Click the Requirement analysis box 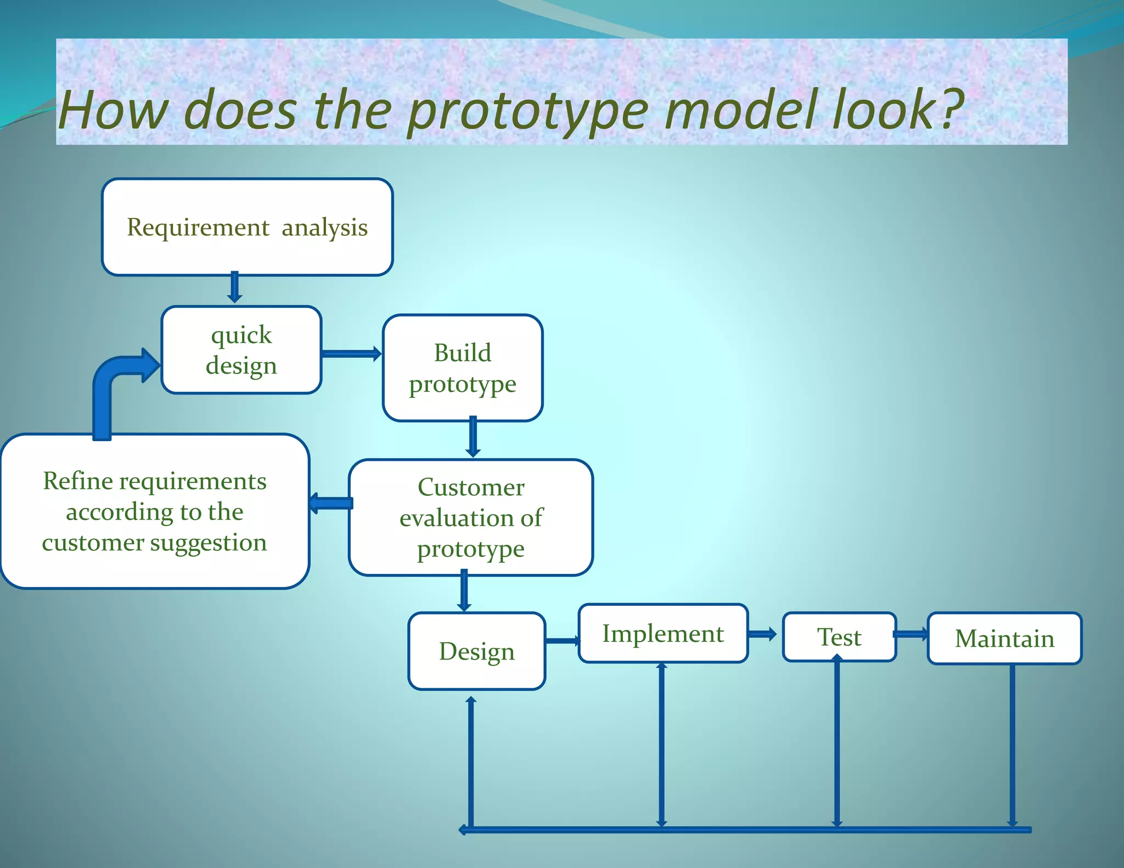pyautogui.click(x=247, y=227)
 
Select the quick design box pyautogui.click(x=241, y=350)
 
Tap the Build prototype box pyautogui.click(x=463, y=368)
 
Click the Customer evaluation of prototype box pyautogui.click(x=471, y=517)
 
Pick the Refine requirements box pyautogui.click(x=155, y=511)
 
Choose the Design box pyautogui.click(x=476, y=651)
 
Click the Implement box pyautogui.click(x=663, y=633)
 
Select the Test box pyautogui.click(x=839, y=637)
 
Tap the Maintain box pyautogui.click(x=1004, y=638)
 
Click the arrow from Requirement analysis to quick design pyautogui.click(x=234, y=287)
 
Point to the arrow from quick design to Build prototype pyautogui.click(x=351, y=354)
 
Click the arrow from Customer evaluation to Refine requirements pyautogui.click(x=330, y=503)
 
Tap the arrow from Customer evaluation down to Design pyautogui.click(x=464, y=591)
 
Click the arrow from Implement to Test pyautogui.click(x=762, y=634)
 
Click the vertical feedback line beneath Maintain pyautogui.click(x=1012, y=746)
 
